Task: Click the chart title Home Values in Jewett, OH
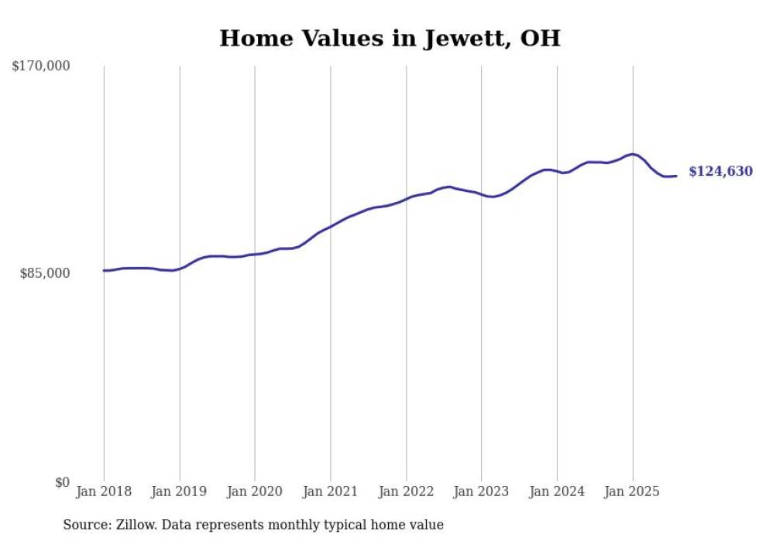point(390,38)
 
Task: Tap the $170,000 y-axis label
point(41,67)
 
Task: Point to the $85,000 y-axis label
point(44,273)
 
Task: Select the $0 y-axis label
point(62,482)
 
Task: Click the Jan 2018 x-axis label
point(104,491)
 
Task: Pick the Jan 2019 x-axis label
point(180,491)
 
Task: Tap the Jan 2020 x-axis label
point(255,491)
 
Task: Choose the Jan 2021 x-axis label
point(331,491)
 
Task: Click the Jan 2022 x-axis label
point(406,491)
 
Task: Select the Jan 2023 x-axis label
point(482,491)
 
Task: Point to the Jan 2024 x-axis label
point(557,491)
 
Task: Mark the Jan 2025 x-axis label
point(633,491)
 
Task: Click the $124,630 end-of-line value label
point(720,172)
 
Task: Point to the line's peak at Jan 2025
point(633,154)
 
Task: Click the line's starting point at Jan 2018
point(104,270)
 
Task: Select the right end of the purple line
point(676,176)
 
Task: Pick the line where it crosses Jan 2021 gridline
point(331,227)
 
